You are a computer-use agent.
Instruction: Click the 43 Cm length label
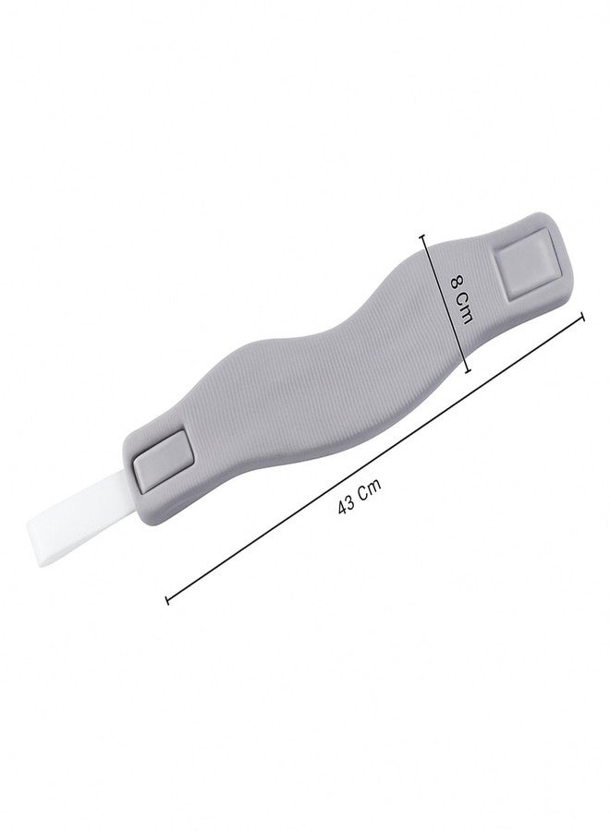pyautogui.click(x=359, y=497)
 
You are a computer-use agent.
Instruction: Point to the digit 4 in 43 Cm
pyautogui.click(x=343, y=507)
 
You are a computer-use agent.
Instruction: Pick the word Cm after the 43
pyautogui.click(x=371, y=489)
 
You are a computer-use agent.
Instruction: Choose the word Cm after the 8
pyautogui.click(x=465, y=308)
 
